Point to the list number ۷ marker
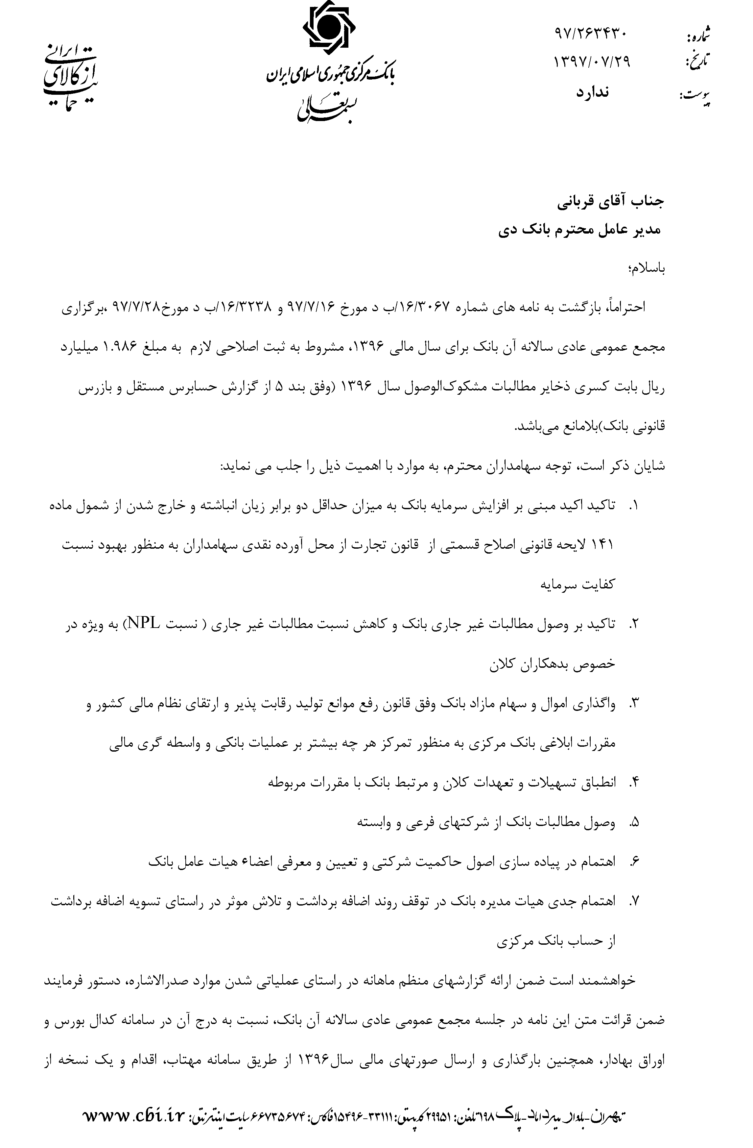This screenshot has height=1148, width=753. point(634,901)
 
